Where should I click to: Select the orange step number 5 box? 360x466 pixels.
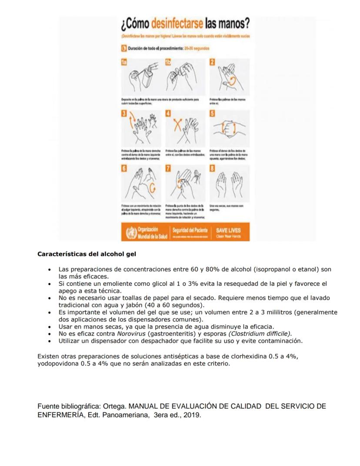tap(212, 114)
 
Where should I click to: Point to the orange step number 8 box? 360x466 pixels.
tap(212, 168)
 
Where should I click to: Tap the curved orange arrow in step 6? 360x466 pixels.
tap(153, 188)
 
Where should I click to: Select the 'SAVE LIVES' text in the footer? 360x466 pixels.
tap(228, 230)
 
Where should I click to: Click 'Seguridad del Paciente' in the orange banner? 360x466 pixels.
tap(190, 230)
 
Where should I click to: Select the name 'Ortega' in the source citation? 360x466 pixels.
tap(114, 406)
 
